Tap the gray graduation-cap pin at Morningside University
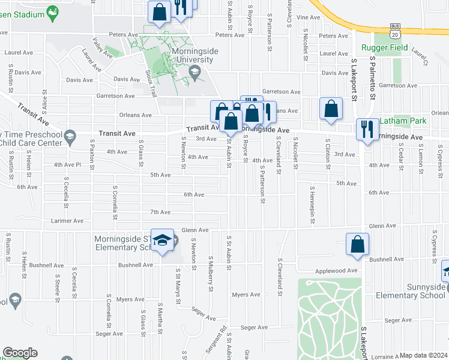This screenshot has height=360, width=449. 194,72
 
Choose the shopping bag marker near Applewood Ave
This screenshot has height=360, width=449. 358,245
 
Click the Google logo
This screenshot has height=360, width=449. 20,353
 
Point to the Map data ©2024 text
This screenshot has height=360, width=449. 423,355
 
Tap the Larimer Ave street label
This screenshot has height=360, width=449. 67,221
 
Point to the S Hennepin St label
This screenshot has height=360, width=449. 312,207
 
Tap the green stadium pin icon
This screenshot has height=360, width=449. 53,12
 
